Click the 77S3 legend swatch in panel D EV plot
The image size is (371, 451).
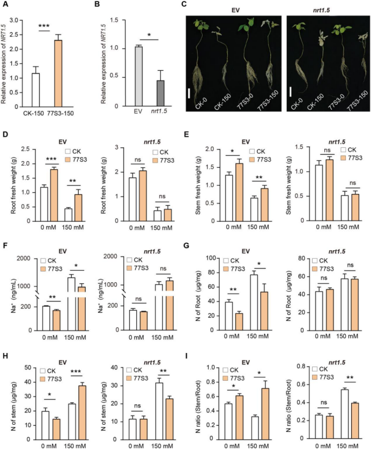pos(69,160)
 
